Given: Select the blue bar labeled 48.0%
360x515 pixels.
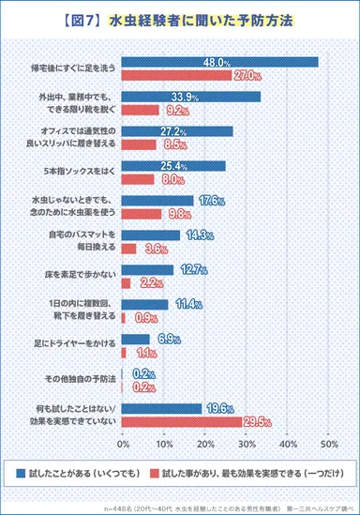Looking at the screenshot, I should click(x=219, y=63).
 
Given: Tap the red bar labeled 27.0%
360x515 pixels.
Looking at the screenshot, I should click(x=178, y=75).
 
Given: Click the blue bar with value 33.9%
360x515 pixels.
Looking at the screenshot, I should click(x=190, y=96).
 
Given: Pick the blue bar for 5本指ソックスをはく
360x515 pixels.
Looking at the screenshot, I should click(x=172, y=166).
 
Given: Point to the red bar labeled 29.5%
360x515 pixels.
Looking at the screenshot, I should click(x=183, y=419).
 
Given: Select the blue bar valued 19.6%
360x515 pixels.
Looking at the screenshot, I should click(x=162, y=408).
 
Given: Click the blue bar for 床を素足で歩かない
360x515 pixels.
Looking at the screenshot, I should click(x=147, y=270).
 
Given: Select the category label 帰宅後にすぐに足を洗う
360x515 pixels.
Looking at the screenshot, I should click(x=73, y=69).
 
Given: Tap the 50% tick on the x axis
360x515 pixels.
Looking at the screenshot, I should click(x=328, y=441).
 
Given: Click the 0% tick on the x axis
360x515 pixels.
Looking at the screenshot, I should click(x=123, y=441).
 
